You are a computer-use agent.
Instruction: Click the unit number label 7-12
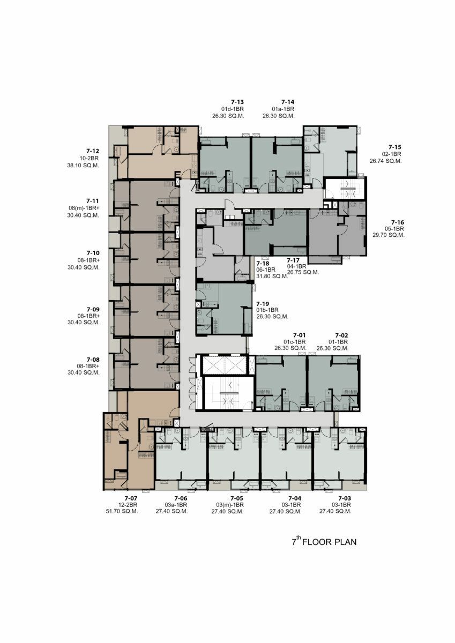92,151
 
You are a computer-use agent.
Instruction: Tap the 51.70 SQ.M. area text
122,511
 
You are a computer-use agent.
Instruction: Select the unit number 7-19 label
263,304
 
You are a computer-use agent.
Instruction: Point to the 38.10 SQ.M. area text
83,166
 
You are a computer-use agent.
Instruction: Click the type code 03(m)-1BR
230,505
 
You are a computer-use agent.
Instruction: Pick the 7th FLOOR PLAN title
324,542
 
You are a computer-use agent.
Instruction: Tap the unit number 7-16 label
398,222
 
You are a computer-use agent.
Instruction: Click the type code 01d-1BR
233,109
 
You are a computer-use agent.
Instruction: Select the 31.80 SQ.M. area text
272,276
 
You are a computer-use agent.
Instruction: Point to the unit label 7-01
300,335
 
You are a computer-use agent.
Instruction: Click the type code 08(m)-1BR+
84,208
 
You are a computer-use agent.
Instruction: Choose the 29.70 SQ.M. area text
389,235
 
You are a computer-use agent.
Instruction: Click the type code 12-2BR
128,505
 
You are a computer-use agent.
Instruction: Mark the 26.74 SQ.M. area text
385,161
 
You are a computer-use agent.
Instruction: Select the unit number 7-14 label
288,102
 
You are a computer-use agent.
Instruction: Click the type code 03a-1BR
176,505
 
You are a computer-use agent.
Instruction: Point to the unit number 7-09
93,309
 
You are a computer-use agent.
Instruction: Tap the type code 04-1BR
296,266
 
